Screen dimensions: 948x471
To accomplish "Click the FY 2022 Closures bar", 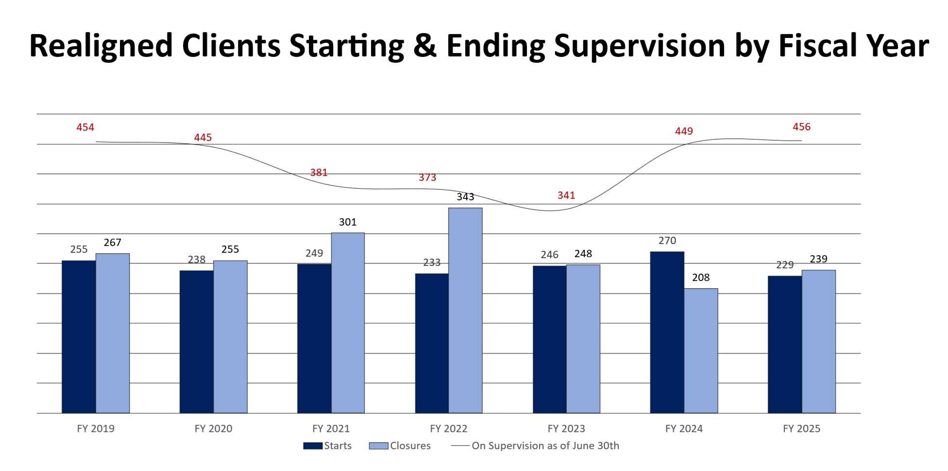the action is click(465, 310).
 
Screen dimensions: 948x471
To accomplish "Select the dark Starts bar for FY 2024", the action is click(667, 332).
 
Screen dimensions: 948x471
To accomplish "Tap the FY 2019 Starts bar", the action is click(79, 336).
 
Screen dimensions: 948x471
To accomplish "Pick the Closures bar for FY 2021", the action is click(348, 323).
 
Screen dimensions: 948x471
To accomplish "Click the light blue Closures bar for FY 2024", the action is click(701, 350).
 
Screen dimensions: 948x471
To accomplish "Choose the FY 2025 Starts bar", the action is click(785, 344).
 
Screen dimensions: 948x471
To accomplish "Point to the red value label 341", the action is click(566, 195).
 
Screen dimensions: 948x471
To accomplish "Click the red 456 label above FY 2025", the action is click(801, 127).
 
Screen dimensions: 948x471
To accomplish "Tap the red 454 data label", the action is click(85, 127).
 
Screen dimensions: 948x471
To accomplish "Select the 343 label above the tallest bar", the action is click(465, 197).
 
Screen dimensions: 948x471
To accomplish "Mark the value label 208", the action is click(701, 278).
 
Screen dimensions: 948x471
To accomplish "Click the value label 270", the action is click(667, 241).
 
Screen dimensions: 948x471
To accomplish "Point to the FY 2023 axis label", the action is click(566, 429).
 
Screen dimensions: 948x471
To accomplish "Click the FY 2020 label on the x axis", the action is click(213, 429).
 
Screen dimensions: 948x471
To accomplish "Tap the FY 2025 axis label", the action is click(801, 429).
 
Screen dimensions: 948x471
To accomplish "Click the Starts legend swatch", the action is click(313, 446).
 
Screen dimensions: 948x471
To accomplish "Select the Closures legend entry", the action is click(400, 446).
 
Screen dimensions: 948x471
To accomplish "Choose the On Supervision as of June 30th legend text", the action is click(545, 446).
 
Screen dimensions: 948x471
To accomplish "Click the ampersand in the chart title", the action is click(425, 46).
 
